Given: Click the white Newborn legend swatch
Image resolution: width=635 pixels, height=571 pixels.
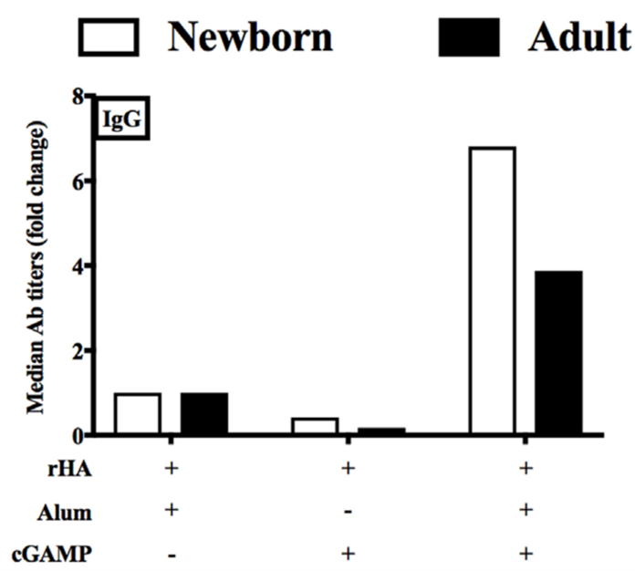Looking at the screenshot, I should (x=110, y=38).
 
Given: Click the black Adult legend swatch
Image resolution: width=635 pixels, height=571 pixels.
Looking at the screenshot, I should (x=470, y=38).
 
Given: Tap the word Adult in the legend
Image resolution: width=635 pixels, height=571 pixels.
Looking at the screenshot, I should (x=578, y=37).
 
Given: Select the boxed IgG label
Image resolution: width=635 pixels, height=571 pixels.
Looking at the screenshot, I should (x=124, y=120).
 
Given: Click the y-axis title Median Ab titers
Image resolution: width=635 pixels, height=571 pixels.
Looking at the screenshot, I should (x=37, y=265).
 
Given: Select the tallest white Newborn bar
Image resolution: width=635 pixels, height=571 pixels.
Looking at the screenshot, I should (x=492, y=291).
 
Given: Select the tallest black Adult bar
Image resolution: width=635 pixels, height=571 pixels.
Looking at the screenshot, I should (x=558, y=353).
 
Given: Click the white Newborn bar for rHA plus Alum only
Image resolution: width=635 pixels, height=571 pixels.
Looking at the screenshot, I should (x=138, y=414).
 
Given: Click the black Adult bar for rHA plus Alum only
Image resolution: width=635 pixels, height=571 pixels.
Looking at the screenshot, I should (x=203, y=414).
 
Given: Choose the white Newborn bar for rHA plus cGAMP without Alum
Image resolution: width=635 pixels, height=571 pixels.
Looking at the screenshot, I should (x=315, y=426).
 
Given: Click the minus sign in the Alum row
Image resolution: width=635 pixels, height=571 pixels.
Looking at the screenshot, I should (x=346, y=512).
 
